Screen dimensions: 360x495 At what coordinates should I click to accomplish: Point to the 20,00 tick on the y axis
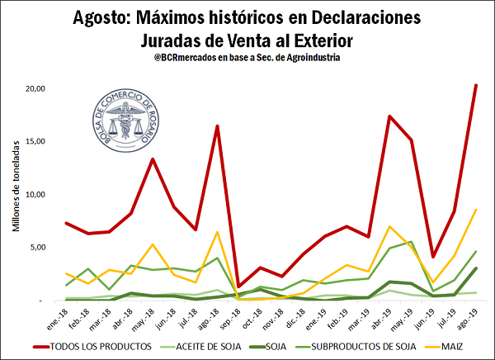[x=32, y=88]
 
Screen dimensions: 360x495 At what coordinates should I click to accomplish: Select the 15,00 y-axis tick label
[x=32, y=141]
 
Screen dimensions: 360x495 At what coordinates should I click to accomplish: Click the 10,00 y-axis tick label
[x=32, y=195]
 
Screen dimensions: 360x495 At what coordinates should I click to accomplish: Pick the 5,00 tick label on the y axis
[x=35, y=248]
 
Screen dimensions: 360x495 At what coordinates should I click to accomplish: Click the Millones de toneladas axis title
[x=16, y=195]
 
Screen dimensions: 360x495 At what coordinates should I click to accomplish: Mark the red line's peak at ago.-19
[x=476, y=85]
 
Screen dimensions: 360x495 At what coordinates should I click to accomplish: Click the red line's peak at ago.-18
[x=217, y=126]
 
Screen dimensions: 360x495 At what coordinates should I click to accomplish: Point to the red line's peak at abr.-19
[x=389, y=116]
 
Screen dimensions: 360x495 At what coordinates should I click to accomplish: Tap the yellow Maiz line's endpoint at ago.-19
[x=476, y=210]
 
